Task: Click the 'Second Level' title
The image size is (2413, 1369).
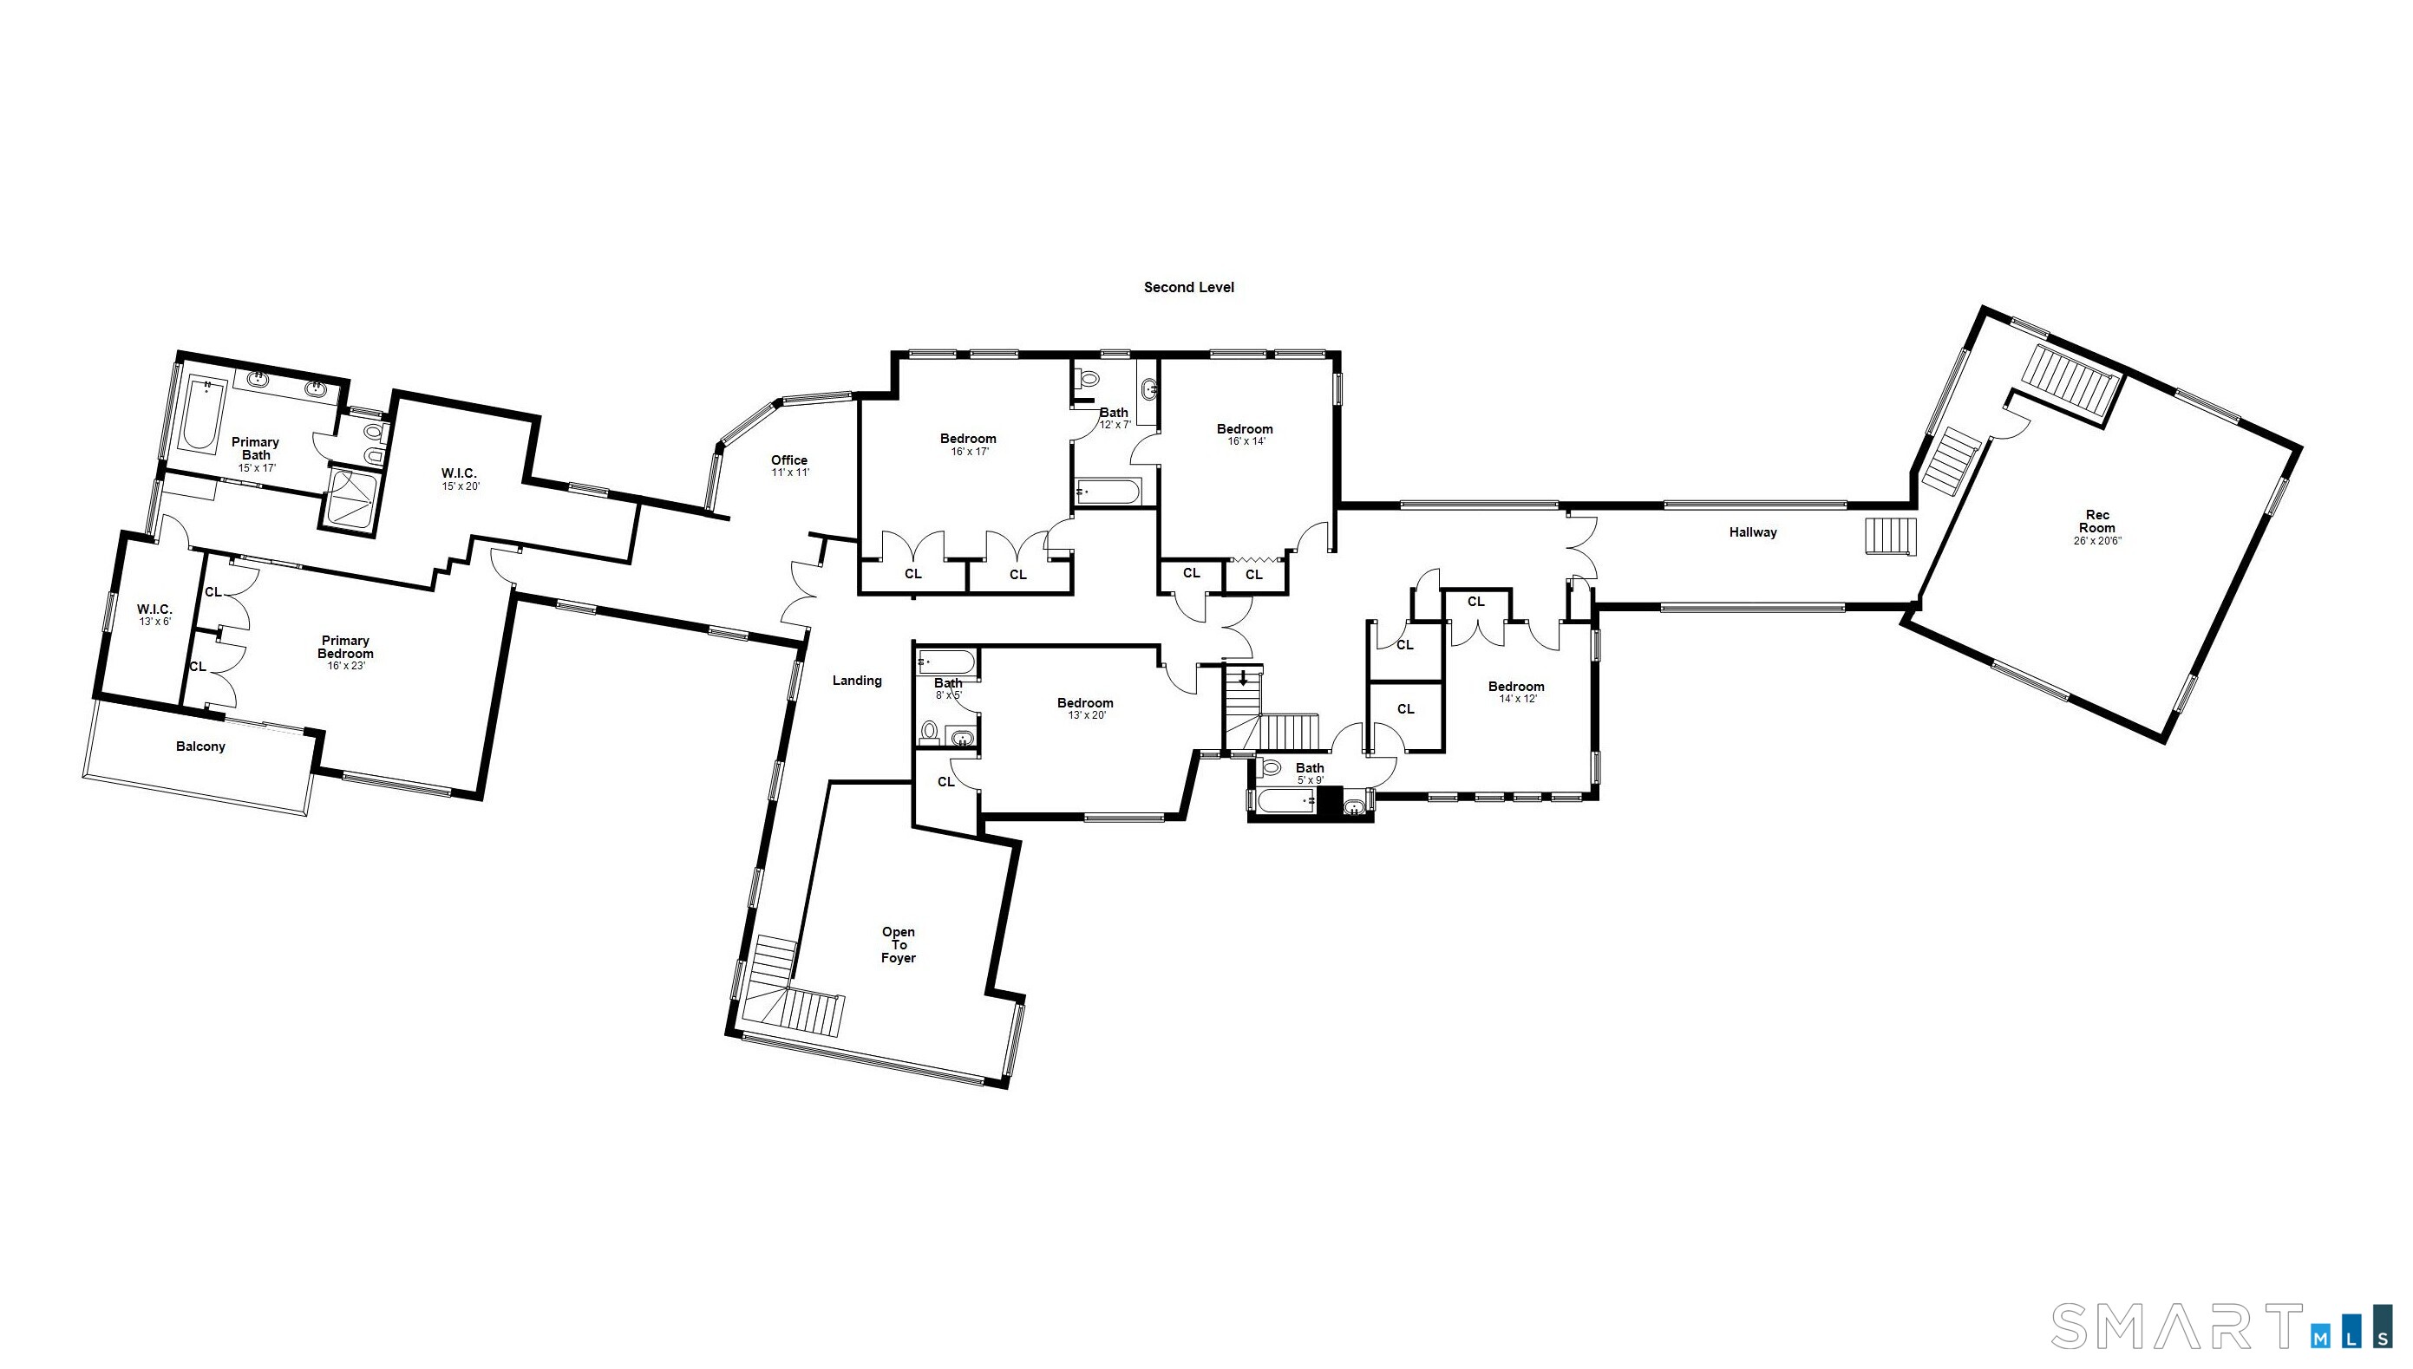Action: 1188,288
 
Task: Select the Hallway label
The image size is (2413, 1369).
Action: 1753,532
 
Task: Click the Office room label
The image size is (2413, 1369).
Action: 789,460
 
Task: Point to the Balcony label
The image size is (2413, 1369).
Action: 200,746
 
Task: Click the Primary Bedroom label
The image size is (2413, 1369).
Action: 345,648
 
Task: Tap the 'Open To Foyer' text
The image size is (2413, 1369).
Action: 898,945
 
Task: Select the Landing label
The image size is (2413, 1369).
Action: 857,681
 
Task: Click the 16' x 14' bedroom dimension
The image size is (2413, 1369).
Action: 1246,442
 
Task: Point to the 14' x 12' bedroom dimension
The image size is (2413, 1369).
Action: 1517,700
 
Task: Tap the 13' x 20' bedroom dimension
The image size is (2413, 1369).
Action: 1086,715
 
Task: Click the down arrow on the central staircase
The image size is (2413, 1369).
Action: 1243,678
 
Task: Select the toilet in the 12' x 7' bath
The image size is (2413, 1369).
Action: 1089,380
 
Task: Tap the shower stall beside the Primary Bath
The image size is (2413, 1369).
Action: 351,499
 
